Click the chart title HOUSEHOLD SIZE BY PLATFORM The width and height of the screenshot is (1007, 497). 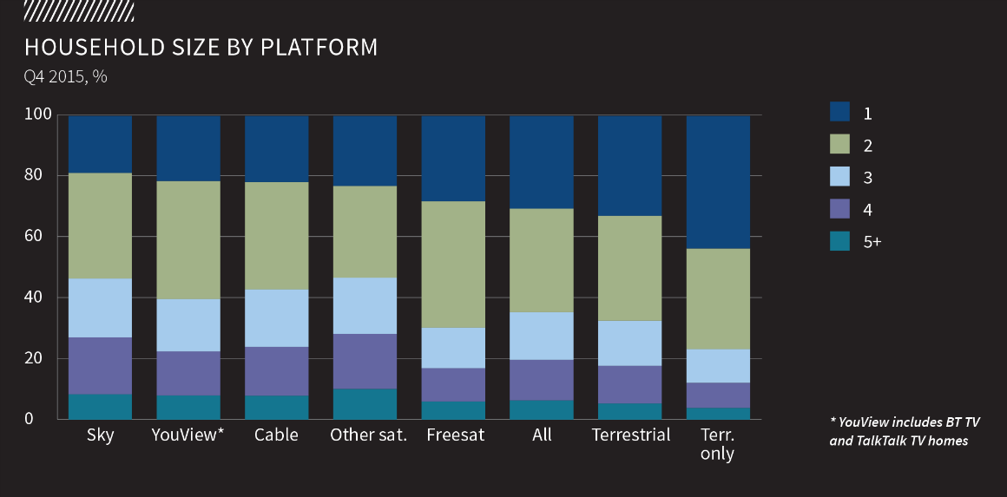point(201,47)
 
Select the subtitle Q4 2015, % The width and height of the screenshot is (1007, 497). point(66,76)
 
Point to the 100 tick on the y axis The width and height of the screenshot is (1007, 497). point(42,114)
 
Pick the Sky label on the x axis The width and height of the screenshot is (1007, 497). point(101,435)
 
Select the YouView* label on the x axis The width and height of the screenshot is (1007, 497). point(188,435)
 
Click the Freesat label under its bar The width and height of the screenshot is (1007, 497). point(453,435)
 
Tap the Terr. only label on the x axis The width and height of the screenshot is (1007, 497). point(718,444)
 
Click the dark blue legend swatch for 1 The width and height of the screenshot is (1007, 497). point(839,112)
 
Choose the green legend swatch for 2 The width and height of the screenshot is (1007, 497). point(839,144)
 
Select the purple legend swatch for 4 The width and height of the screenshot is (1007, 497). point(839,209)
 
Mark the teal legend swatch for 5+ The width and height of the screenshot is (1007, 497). point(839,241)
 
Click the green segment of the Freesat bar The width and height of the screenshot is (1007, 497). point(453,265)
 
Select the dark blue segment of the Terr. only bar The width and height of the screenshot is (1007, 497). point(718,182)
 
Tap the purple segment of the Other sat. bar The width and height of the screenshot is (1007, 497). point(365,361)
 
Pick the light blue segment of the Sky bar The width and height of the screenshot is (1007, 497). point(101,308)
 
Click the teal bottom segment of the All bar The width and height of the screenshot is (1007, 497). point(542,409)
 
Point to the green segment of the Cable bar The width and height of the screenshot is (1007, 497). point(276,235)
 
